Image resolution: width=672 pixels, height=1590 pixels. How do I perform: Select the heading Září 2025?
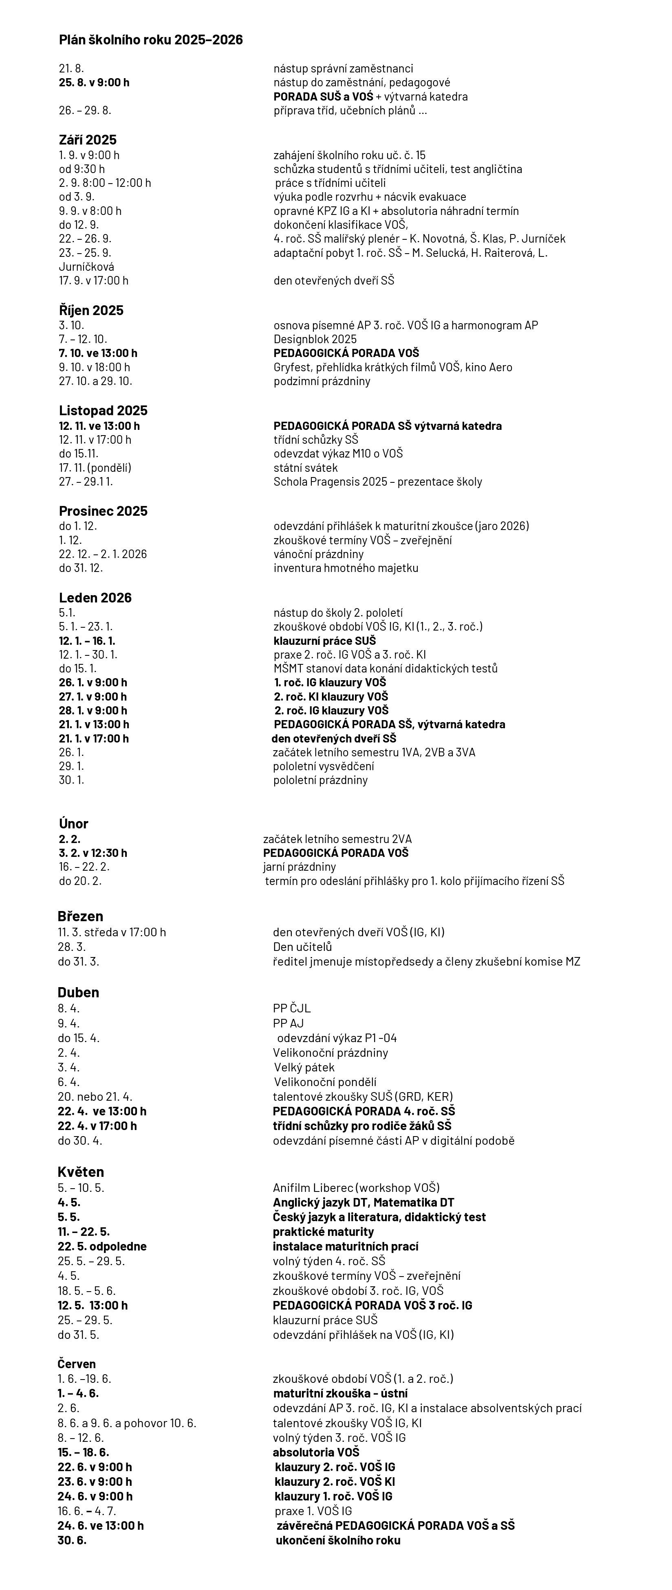click(88, 140)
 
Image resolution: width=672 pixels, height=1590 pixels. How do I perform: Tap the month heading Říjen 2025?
click(91, 311)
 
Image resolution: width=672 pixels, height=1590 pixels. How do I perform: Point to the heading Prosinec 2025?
click(103, 511)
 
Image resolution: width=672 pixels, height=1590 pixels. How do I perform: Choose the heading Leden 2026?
click(95, 598)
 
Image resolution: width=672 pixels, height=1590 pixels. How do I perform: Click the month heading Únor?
click(73, 823)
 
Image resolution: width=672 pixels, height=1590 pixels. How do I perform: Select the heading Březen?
click(80, 916)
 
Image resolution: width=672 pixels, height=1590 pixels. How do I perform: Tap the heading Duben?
click(78, 992)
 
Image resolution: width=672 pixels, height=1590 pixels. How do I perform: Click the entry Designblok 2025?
click(315, 339)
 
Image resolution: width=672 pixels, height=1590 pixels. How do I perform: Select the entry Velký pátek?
click(304, 1067)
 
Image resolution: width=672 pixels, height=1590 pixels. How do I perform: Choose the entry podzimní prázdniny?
click(322, 381)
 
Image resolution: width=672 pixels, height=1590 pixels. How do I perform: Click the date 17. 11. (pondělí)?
click(95, 468)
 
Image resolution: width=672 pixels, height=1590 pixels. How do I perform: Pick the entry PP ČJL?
click(291, 1009)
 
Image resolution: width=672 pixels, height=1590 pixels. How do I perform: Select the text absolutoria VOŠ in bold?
click(315, 1452)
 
